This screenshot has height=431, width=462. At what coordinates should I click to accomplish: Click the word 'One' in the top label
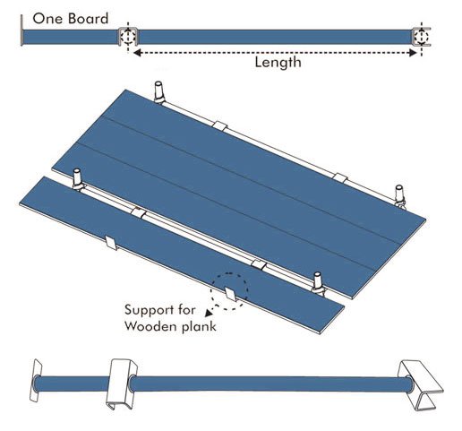[47, 19]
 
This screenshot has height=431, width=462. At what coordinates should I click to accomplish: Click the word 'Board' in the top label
[88, 19]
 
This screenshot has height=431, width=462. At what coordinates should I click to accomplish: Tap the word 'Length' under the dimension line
[278, 63]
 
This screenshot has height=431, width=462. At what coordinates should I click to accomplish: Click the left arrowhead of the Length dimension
[137, 53]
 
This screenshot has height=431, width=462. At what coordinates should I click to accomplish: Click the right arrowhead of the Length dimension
[413, 53]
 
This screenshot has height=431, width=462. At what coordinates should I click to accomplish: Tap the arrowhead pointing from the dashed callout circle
[209, 313]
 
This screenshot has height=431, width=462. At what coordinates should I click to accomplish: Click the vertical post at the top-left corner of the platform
[159, 91]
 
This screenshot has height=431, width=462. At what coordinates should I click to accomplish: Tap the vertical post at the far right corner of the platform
[399, 195]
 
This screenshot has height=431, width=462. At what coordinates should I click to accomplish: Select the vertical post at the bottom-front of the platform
[318, 281]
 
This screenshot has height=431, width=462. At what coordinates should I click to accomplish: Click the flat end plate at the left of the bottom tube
[36, 380]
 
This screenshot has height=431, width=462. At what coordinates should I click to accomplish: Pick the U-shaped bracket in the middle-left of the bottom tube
[120, 384]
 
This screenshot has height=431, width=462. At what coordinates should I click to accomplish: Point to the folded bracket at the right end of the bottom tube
[421, 384]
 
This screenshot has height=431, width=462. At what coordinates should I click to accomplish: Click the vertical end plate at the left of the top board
[21, 30]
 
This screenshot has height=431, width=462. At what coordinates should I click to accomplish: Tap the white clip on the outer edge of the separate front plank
[111, 243]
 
